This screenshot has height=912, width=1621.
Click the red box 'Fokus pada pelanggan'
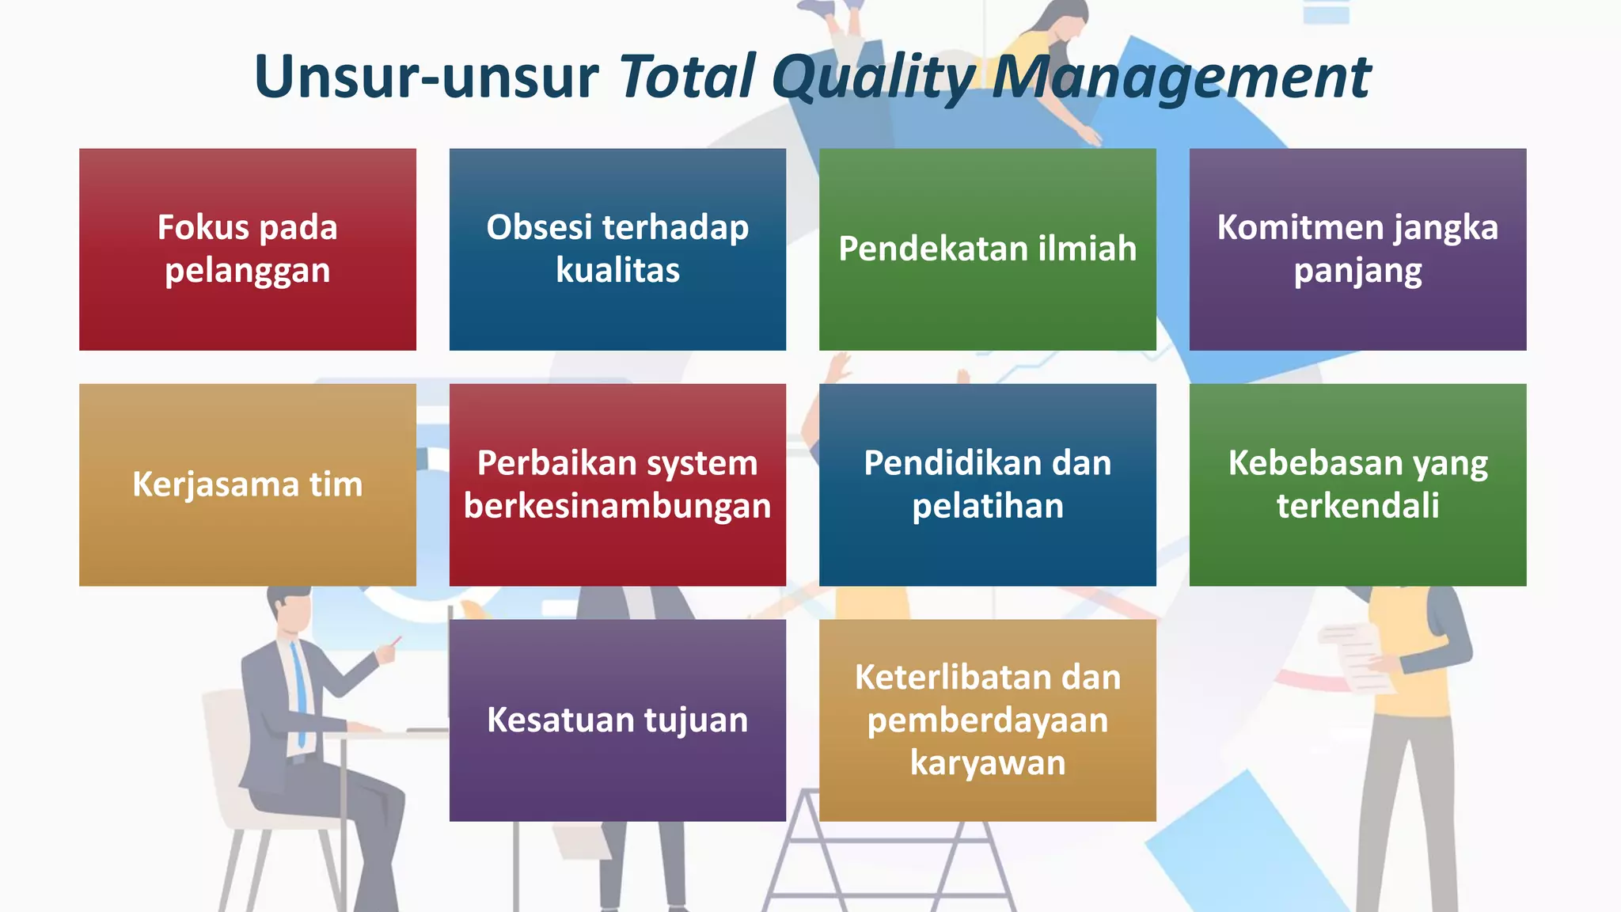[247, 249]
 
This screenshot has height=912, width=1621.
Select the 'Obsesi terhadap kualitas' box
[617, 249]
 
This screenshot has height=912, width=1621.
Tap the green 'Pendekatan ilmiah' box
[987, 249]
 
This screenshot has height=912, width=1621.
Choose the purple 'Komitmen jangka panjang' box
[1357, 249]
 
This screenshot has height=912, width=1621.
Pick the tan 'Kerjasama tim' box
[247, 484]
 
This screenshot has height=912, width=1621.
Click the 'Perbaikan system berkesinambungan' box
[617, 484]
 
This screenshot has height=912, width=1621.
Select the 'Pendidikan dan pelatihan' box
[987, 484]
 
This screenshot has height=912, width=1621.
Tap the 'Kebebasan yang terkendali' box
[1357, 484]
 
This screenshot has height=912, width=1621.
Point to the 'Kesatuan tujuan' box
[617, 720]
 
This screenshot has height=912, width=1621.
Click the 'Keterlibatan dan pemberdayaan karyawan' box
[987, 720]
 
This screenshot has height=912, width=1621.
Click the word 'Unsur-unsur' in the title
[426, 78]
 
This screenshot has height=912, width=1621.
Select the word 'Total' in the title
[687, 78]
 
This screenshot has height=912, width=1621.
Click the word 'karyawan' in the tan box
[987, 763]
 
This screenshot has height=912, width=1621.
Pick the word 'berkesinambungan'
[617, 507]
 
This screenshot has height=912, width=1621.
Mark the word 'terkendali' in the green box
[1357, 507]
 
